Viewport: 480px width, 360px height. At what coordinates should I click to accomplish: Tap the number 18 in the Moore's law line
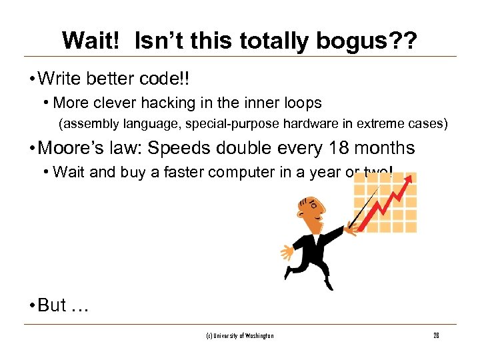[x=340, y=148]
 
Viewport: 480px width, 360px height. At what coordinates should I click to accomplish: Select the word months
[x=385, y=148]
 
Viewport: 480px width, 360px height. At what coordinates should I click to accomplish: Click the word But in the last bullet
[x=52, y=305]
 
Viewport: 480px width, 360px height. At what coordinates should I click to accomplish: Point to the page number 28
[x=436, y=335]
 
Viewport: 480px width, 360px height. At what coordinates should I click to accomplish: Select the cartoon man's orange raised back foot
[x=288, y=253]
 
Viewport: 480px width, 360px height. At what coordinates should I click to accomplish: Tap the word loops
[x=301, y=103]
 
